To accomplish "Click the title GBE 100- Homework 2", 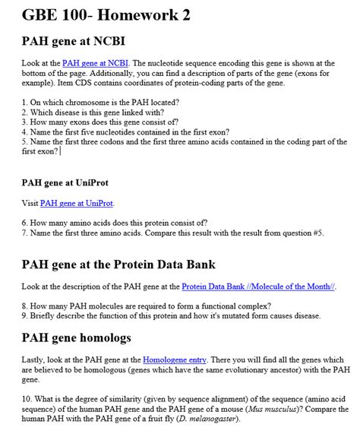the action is click(106, 14).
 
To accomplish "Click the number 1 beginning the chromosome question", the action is click(24, 100).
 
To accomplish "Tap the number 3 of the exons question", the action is click(24, 120).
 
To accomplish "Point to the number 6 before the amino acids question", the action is click(24, 224).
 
